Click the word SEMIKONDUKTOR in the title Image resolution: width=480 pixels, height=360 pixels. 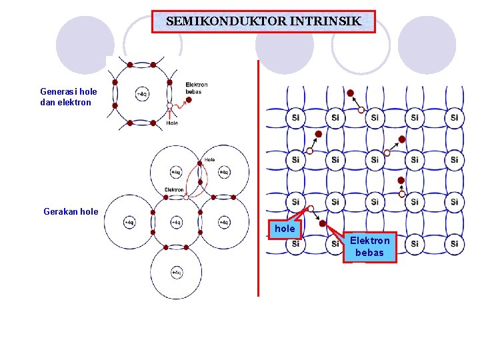(226, 21)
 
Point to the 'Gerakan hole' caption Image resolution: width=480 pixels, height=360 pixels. (71, 211)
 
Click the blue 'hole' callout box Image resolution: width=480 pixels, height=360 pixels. (285, 229)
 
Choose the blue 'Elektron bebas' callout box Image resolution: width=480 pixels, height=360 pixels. (369, 247)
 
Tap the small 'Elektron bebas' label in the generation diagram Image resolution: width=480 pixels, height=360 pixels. (197, 87)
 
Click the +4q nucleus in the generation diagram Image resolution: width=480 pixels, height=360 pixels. (142, 94)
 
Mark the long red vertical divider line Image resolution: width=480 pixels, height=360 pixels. (257, 177)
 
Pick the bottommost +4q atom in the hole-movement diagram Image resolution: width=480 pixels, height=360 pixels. (176, 272)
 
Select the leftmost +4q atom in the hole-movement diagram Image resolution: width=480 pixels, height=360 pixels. (129, 222)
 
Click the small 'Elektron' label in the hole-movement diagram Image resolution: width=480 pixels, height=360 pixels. (174, 190)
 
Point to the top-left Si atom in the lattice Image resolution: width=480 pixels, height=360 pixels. (295, 118)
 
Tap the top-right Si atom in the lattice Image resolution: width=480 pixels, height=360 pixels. (454, 118)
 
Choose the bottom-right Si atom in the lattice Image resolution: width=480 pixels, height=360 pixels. (454, 244)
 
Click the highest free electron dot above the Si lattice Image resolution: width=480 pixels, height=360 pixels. (350, 93)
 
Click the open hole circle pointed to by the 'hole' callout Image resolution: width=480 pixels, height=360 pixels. (311, 209)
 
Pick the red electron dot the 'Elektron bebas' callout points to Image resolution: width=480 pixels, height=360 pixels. (323, 224)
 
